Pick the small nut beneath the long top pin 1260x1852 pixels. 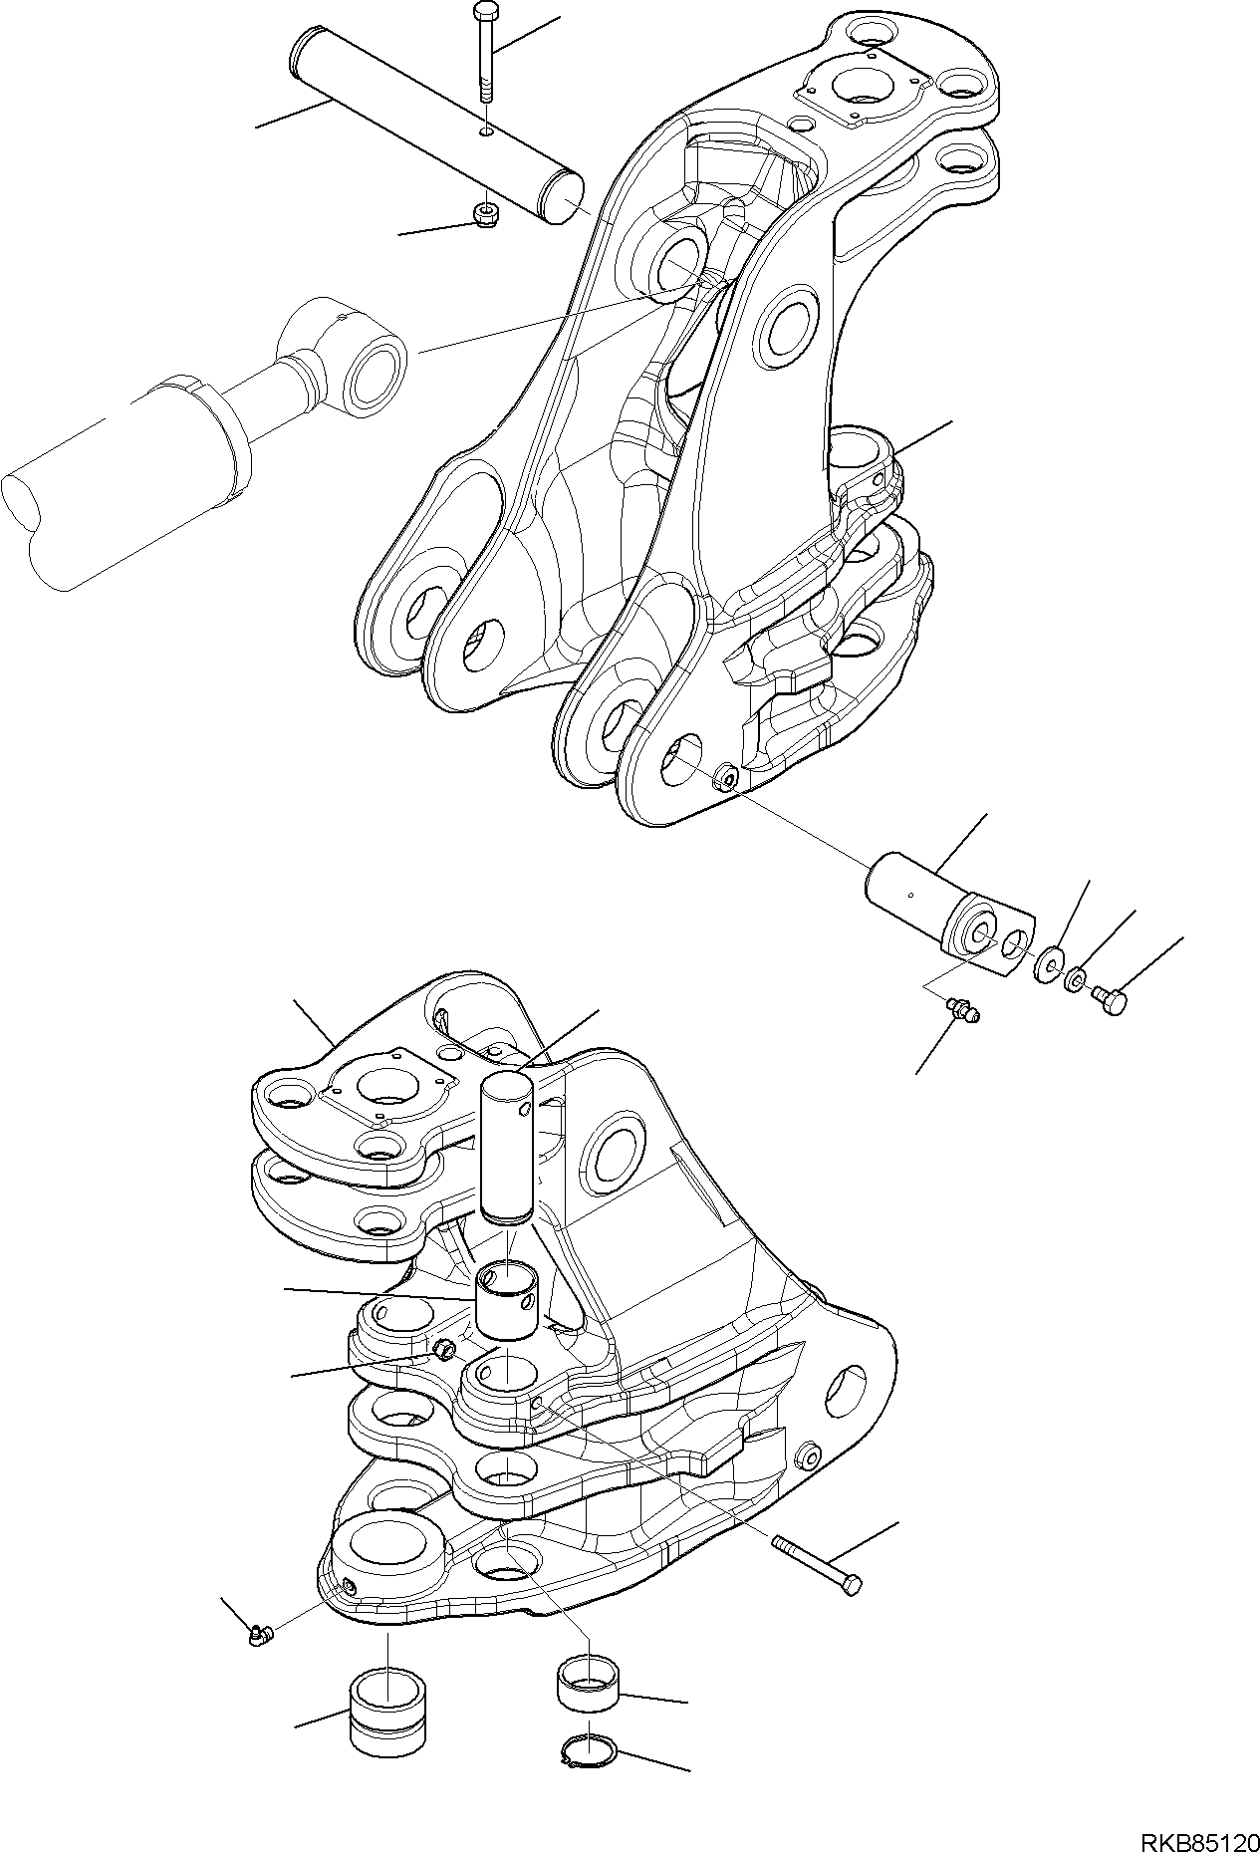486,215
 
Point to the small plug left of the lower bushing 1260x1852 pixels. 444,1349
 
